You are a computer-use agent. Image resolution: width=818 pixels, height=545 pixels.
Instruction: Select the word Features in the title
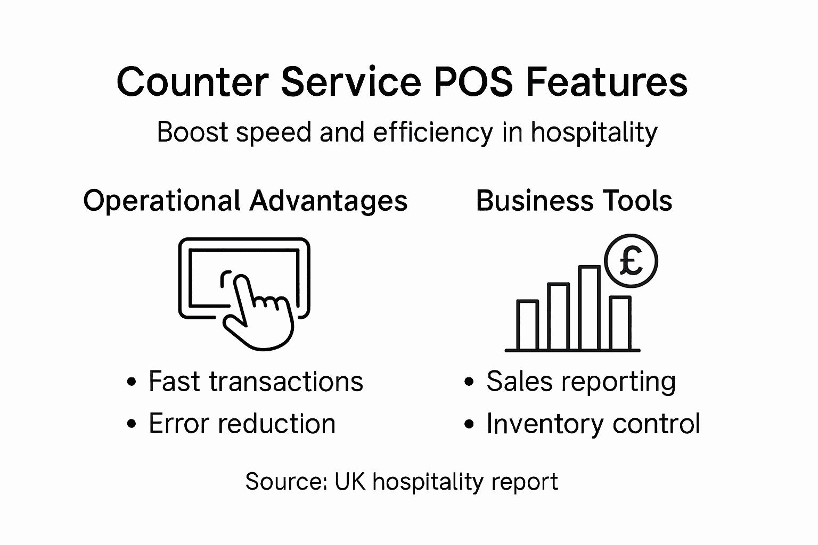[x=606, y=82]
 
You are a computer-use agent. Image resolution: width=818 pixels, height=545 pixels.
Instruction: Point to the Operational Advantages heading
[x=246, y=201]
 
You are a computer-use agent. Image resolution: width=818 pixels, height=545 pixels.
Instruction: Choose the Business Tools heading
[x=574, y=201]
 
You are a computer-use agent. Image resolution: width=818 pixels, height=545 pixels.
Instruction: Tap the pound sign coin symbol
[x=631, y=261]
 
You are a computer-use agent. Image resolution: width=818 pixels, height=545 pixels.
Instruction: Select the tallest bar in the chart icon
[x=589, y=308]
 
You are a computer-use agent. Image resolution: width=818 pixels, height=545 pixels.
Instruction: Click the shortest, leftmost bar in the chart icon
[x=527, y=325]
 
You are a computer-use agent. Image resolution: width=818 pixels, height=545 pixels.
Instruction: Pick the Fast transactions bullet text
[x=256, y=382]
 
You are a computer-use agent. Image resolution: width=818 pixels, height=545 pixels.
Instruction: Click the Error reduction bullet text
[x=242, y=424]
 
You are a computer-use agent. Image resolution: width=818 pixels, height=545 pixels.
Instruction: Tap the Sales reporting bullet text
[x=581, y=382]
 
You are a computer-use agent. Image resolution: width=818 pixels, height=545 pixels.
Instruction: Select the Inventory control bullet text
[x=593, y=424]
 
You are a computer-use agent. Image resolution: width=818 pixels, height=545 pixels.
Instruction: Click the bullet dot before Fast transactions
[x=132, y=382]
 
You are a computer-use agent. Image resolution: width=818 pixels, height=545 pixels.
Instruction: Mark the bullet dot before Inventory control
[x=469, y=425]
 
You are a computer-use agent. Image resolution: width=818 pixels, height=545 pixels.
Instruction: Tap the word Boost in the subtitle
[x=192, y=133]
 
